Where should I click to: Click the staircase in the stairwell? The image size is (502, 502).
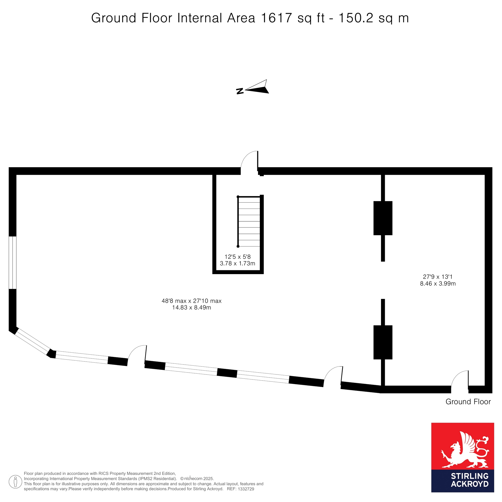[249, 221]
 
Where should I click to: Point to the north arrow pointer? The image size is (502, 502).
[257, 87]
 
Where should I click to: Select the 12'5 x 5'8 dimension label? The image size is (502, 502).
[238, 257]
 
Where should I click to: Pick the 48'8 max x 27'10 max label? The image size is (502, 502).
[192, 301]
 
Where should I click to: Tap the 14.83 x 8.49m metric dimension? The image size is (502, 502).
[192, 308]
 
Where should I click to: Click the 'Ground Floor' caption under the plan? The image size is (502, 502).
[468, 402]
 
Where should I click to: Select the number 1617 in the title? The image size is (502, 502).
[276, 18]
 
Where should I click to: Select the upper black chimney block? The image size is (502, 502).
[383, 218]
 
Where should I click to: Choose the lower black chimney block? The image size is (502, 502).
[383, 342]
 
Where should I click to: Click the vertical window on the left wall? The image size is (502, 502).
[13, 263]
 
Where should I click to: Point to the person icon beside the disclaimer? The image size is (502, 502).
[16, 481]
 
